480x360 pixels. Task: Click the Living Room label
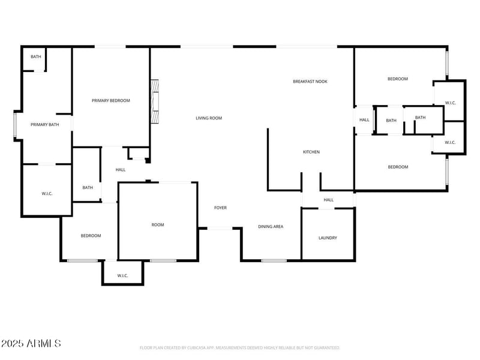click(209, 118)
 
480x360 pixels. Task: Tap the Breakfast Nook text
click(310, 82)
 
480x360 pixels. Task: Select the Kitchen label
click(311, 152)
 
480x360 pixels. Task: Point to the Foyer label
click(221, 208)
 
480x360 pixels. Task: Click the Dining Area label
click(271, 227)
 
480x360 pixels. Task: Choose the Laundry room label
click(328, 238)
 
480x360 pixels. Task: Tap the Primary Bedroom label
click(110, 101)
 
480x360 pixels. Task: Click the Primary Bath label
click(45, 125)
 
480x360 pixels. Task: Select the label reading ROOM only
click(158, 225)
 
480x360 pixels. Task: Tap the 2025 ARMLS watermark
click(31, 344)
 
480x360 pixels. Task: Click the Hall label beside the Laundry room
click(328, 200)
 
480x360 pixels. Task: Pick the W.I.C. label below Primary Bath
click(48, 194)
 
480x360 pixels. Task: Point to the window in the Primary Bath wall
click(16, 126)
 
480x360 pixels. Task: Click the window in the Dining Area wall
click(274, 260)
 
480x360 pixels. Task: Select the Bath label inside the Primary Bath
click(36, 57)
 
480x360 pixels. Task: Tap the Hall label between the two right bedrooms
click(364, 120)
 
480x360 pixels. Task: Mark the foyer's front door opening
click(220, 228)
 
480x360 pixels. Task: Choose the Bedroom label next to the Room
click(91, 236)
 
